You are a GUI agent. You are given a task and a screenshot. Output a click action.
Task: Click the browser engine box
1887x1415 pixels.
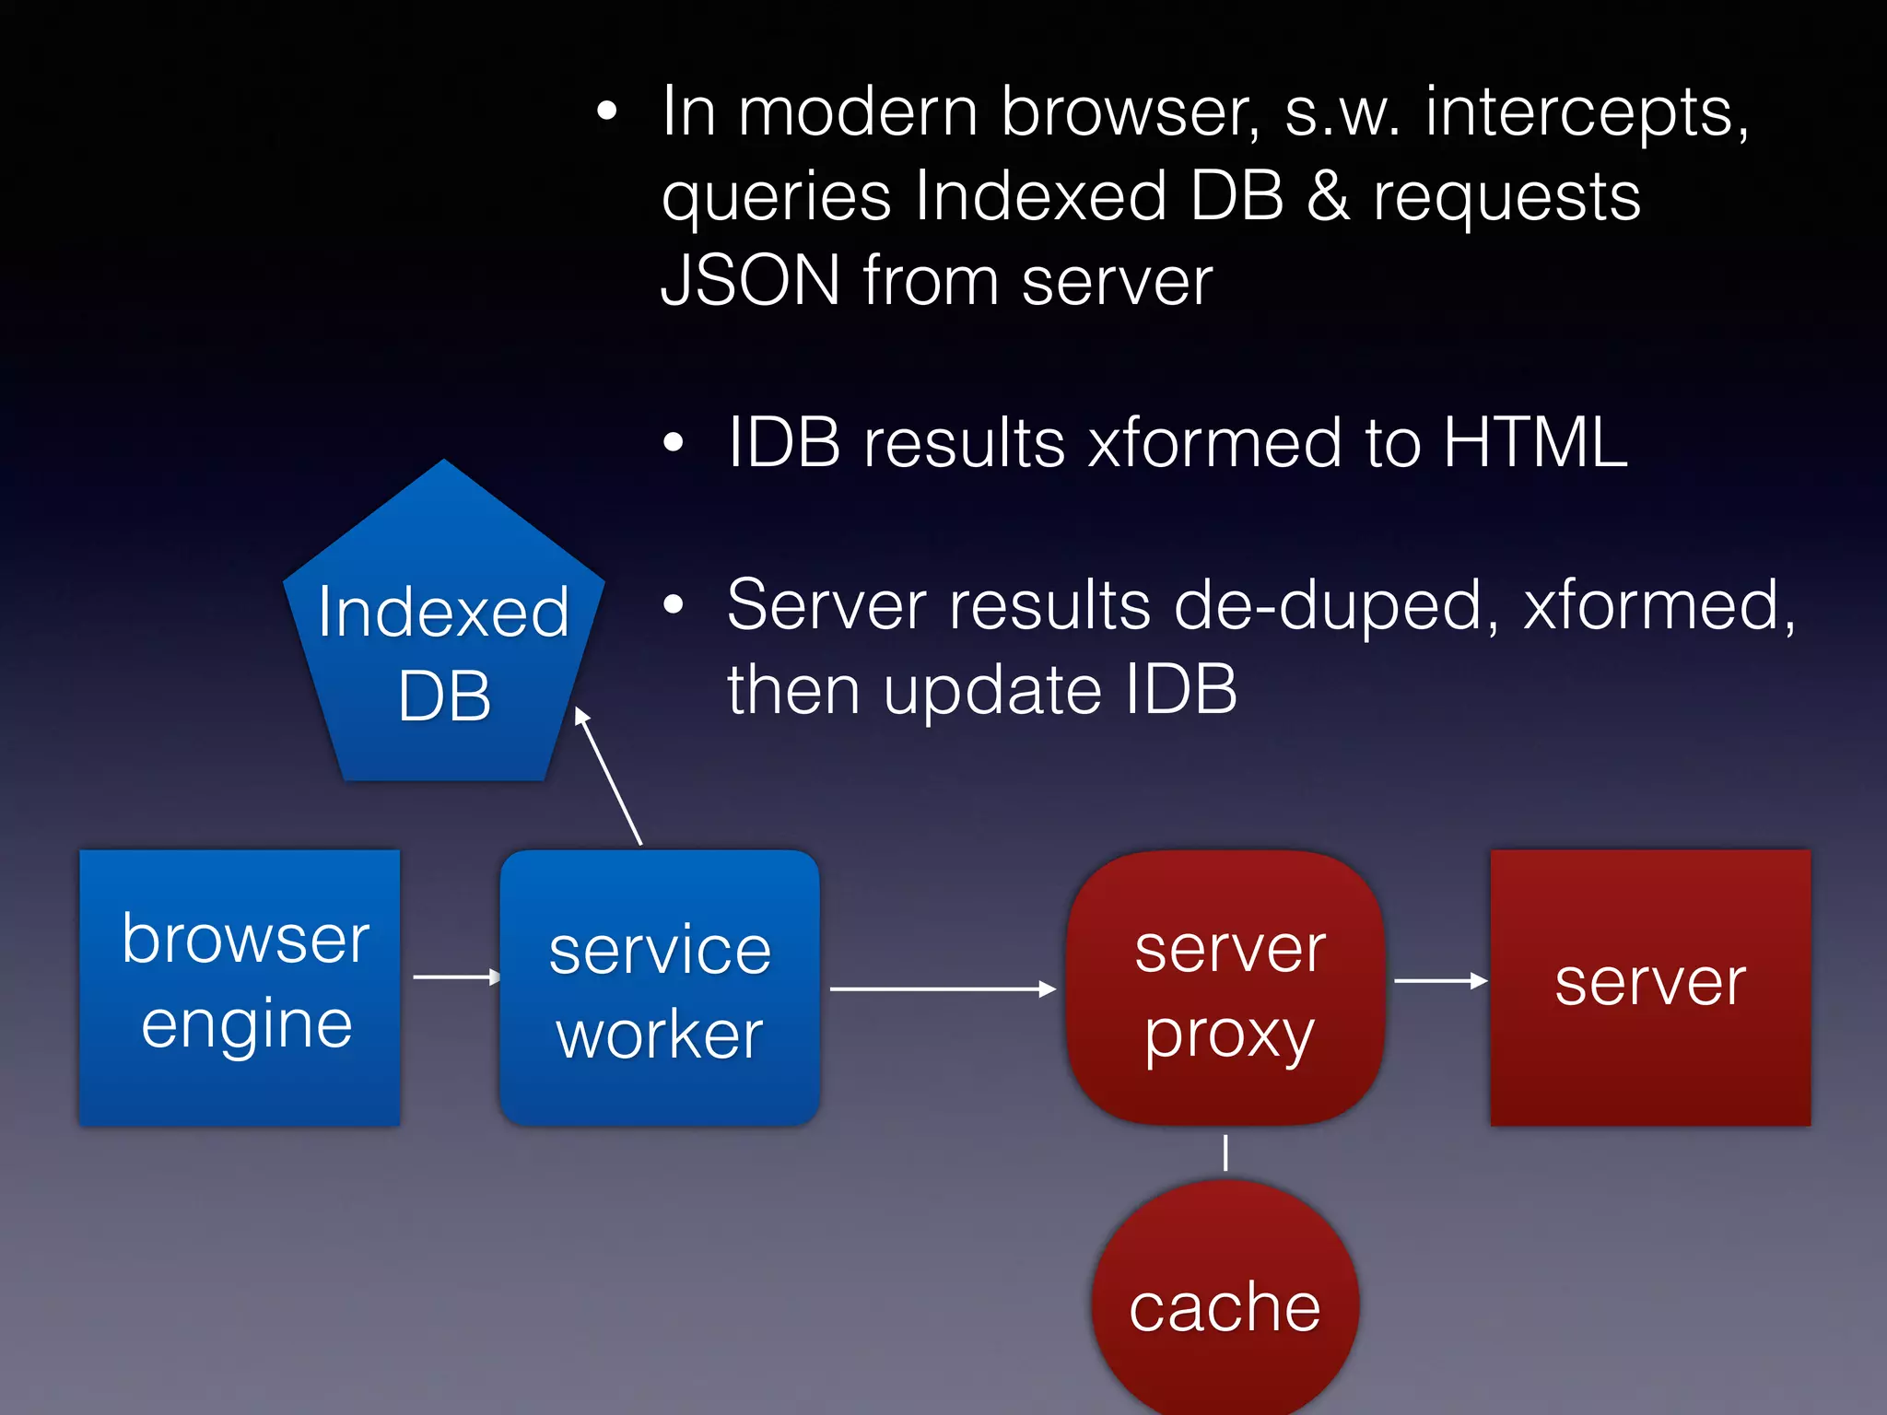point(240,987)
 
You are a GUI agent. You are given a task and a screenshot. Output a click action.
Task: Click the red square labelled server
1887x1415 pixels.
point(1650,987)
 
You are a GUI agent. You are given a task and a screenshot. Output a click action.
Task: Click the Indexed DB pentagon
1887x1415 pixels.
point(443,645)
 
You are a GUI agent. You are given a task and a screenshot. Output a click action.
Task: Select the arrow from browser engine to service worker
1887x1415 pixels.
point(456,976)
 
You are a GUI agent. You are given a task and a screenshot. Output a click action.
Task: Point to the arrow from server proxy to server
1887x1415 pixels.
point(1440,981)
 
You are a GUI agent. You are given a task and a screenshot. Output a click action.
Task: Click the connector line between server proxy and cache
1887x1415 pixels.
point(1225,1152)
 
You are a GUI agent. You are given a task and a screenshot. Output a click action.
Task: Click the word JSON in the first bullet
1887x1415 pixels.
point(750,280)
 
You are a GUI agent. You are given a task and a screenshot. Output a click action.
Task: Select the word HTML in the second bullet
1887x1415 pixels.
point(1534,443)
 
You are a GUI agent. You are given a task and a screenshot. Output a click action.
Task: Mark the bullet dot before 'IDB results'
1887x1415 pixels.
point(674,443)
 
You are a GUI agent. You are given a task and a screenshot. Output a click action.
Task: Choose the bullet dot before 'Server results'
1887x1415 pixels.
point(674,605)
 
